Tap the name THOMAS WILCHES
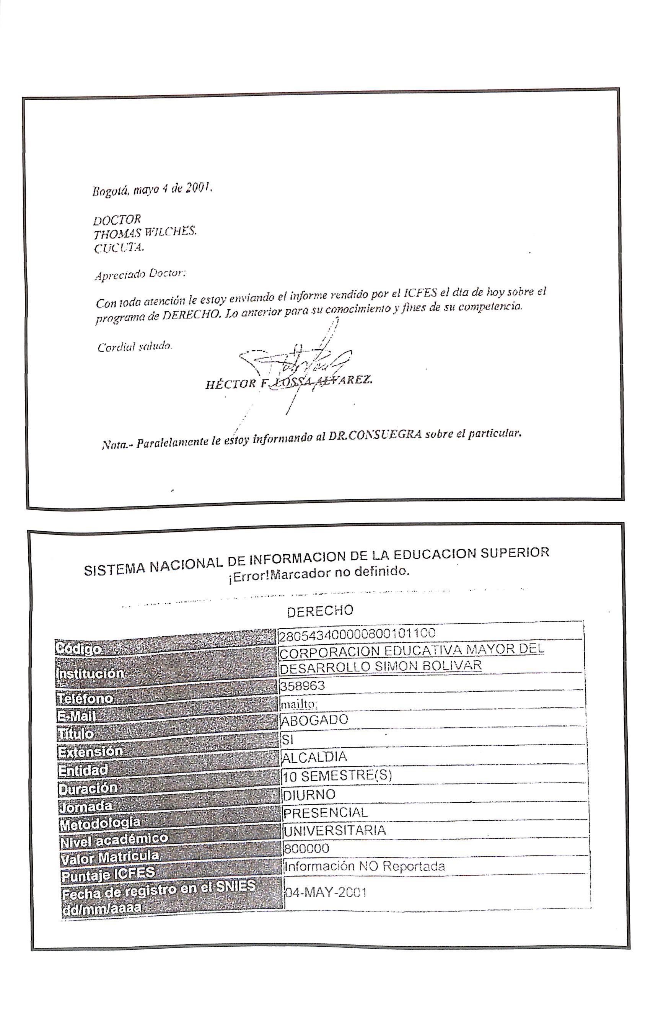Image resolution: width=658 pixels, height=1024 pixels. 145,233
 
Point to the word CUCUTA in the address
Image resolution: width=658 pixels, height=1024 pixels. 119,248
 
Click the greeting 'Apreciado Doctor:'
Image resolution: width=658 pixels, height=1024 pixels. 140,274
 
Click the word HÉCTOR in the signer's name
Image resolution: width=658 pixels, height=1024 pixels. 230,384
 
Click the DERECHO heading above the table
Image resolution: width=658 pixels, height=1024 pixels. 320,611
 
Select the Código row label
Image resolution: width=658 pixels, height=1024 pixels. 79,649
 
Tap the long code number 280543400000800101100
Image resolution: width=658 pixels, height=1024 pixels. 357,634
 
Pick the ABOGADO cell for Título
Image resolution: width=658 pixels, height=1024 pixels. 314,720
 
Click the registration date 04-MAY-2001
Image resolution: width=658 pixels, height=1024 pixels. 325,892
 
